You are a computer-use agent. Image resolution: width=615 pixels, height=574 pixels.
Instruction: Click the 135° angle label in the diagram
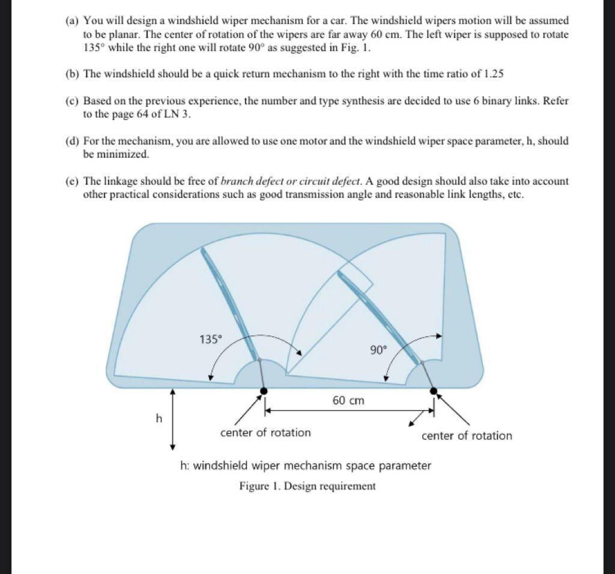210,339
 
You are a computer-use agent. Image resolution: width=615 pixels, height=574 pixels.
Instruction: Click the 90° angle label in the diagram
378,350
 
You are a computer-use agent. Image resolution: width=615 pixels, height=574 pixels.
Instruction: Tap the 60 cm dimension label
348,400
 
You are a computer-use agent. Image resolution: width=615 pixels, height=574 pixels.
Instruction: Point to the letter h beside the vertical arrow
159,419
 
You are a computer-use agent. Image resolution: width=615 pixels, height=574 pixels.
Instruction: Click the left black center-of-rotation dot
264,392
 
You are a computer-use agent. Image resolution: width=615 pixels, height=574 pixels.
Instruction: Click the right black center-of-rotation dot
434,391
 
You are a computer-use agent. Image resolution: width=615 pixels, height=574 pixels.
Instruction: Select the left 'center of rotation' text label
265,432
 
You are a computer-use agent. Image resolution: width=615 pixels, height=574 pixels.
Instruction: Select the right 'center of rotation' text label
467,436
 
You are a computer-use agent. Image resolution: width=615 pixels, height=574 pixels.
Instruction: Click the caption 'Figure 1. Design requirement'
307,486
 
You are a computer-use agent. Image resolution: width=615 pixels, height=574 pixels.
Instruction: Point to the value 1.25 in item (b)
492,74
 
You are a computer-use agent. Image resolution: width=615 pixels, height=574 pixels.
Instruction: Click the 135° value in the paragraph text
94,48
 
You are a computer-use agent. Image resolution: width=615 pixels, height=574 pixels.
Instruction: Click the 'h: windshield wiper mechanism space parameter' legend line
305,465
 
